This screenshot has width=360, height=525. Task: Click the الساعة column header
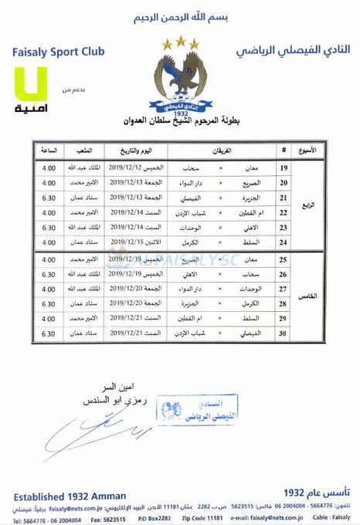[49, 149]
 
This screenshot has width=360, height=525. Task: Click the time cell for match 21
[49, 196]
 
